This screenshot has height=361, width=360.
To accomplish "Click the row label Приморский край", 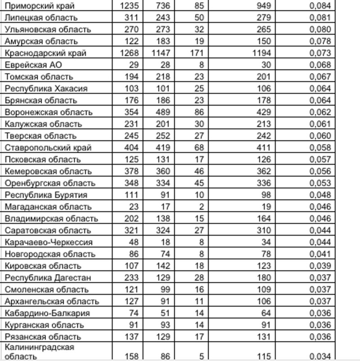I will (x=40, y=6).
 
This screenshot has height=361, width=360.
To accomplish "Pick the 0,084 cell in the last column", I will (x=320, y=6).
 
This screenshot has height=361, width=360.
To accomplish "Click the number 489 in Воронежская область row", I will (x=161, y=112).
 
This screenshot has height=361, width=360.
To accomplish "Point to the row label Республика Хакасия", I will (x=46, y=89).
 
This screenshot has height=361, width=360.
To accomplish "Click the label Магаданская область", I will (x=48, y=207).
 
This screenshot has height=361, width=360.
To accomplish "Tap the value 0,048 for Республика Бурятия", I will (x=320, y=195).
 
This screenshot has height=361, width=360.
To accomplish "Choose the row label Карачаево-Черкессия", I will (x=49, y=242).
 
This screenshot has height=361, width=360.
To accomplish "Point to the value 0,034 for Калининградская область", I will (x=320, y=356).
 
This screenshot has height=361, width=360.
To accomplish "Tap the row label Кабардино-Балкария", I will (x=47, y=313).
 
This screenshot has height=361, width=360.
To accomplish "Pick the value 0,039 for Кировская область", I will (x=320, y=266).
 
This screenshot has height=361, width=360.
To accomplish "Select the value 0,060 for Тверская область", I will (x=320, y=136).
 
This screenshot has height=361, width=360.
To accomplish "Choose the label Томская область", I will (x=39, y=77).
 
